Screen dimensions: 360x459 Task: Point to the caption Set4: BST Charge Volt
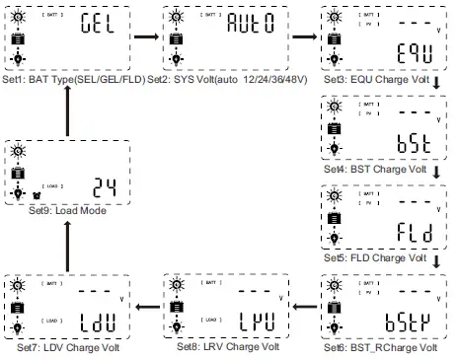tap(379, 168)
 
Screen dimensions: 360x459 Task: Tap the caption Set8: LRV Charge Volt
tap(227, 347)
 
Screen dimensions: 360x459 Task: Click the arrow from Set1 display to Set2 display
tap(146, 37)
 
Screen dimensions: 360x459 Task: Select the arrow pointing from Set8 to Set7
tap(146, 307)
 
